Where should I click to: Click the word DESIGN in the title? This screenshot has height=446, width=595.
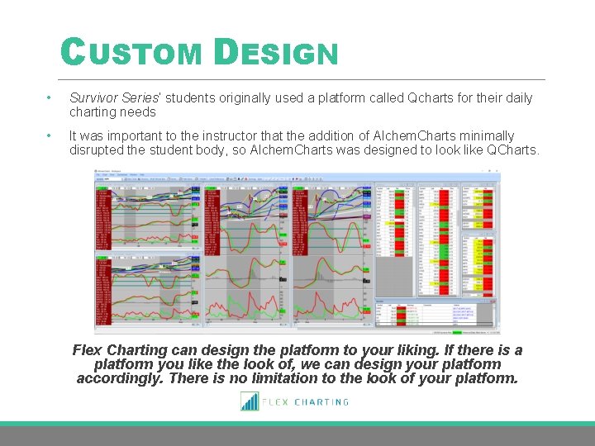click(275, 54)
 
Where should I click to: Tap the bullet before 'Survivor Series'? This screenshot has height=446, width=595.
click(50, 98)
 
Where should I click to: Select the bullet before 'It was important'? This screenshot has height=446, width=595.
click(50, 136)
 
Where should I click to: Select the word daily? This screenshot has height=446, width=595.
click(516, 98)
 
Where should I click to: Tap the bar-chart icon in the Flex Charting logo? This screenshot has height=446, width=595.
click(250, 401)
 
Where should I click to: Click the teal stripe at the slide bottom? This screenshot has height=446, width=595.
click(297, 424)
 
